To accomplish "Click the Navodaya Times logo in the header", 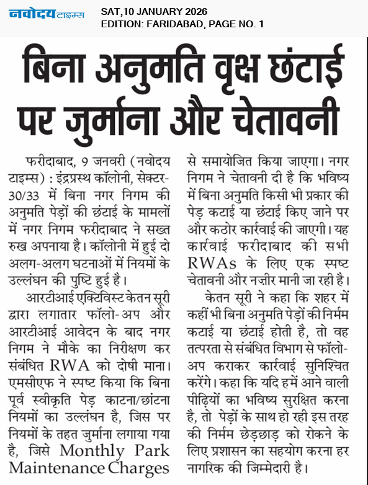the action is [x=47, y=14].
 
